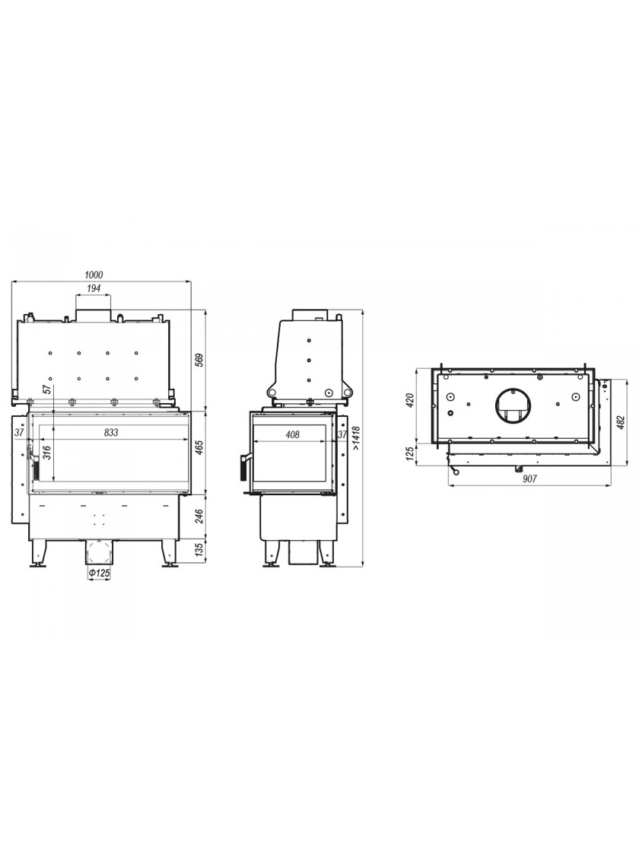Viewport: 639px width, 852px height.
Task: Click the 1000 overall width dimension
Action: point(94,275)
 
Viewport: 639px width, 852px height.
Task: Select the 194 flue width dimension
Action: point(94,288)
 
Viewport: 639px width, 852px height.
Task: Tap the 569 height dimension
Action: point(199,361)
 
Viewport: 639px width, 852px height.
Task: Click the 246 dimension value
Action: point(199,516)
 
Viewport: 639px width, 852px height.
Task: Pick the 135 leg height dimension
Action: point(199,550)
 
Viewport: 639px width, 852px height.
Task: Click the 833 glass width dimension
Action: point(111,433)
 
